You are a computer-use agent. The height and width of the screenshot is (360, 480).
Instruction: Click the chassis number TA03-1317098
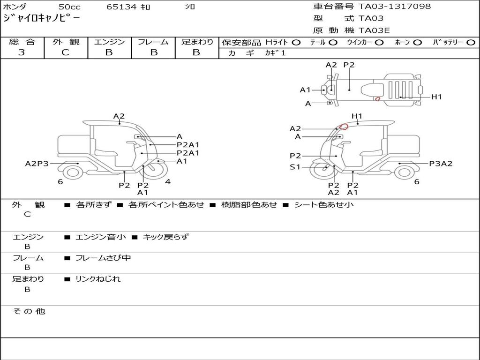point(395,7)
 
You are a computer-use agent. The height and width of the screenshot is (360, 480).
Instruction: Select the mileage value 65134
point(121,7)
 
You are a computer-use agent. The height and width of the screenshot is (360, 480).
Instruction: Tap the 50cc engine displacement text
point(69,7)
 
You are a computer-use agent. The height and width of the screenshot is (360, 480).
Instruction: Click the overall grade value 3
point(22,52)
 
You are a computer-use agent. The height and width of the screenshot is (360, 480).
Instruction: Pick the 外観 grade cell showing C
point(65,52)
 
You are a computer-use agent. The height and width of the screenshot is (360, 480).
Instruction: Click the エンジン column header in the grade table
point(109,42)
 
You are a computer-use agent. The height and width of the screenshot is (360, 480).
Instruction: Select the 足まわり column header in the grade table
point(197,42)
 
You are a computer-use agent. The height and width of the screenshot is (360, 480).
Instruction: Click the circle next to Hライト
point(296,42)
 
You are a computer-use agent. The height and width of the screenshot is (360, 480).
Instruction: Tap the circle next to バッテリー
point(470,42)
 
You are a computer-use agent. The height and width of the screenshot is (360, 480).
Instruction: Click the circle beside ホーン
point(417,42)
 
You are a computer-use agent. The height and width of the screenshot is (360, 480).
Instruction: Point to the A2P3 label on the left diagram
point(37,164)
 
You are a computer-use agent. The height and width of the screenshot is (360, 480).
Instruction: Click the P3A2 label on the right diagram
point(441,164)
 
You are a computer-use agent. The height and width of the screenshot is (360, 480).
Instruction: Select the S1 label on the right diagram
point(295,167)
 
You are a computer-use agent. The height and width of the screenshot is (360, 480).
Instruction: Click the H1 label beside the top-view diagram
point(436,97)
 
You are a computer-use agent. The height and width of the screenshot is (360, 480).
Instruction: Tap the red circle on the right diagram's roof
point(344,126)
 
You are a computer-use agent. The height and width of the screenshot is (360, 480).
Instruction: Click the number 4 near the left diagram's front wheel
point(167,182)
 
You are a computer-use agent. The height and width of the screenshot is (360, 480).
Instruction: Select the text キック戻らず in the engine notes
point(165,237)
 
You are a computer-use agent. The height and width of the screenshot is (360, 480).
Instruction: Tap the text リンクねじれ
point(98,279)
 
